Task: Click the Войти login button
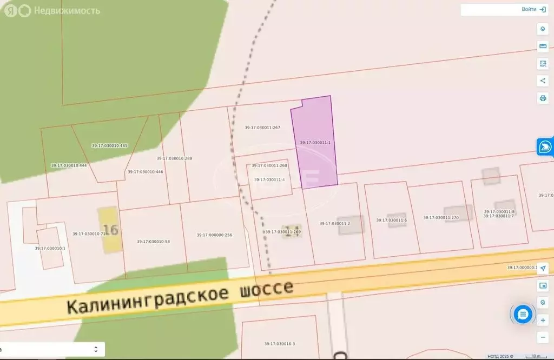533,9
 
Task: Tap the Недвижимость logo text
67,11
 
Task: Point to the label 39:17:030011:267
262,128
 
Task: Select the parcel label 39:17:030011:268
269,165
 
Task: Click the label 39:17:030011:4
269,179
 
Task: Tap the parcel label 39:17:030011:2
335,223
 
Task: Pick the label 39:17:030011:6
391,220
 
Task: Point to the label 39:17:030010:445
109,145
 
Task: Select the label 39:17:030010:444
69,165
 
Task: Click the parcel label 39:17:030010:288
174,158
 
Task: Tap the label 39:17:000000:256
214,235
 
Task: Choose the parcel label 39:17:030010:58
153,242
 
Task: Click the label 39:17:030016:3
280,344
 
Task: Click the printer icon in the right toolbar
543,98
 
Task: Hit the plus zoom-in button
543,320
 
